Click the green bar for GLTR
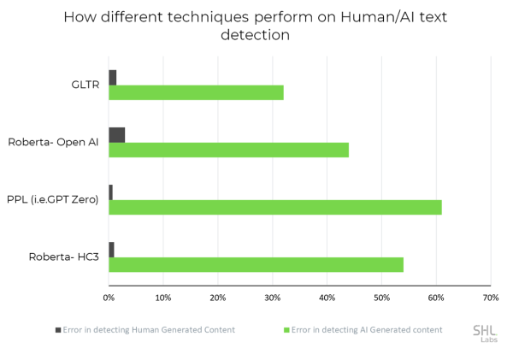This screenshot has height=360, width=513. point(196,92)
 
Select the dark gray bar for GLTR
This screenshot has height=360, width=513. point(113,78)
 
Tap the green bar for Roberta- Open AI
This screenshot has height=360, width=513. point(228,150)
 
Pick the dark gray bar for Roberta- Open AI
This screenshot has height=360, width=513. point(117,135)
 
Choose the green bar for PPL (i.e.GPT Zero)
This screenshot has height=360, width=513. point(274,207)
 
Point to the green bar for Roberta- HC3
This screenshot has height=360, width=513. point(256,264)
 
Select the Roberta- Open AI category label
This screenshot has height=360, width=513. point(53,142)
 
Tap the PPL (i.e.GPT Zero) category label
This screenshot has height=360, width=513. point(52,199)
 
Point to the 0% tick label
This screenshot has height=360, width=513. point(109,298)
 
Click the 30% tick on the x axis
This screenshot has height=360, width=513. point(272,298)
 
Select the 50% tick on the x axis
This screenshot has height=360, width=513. point(381,298)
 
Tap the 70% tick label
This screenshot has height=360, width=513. point(490,298)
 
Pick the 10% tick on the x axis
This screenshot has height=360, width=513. point(163,298)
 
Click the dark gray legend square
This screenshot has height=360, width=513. point(59,329)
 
